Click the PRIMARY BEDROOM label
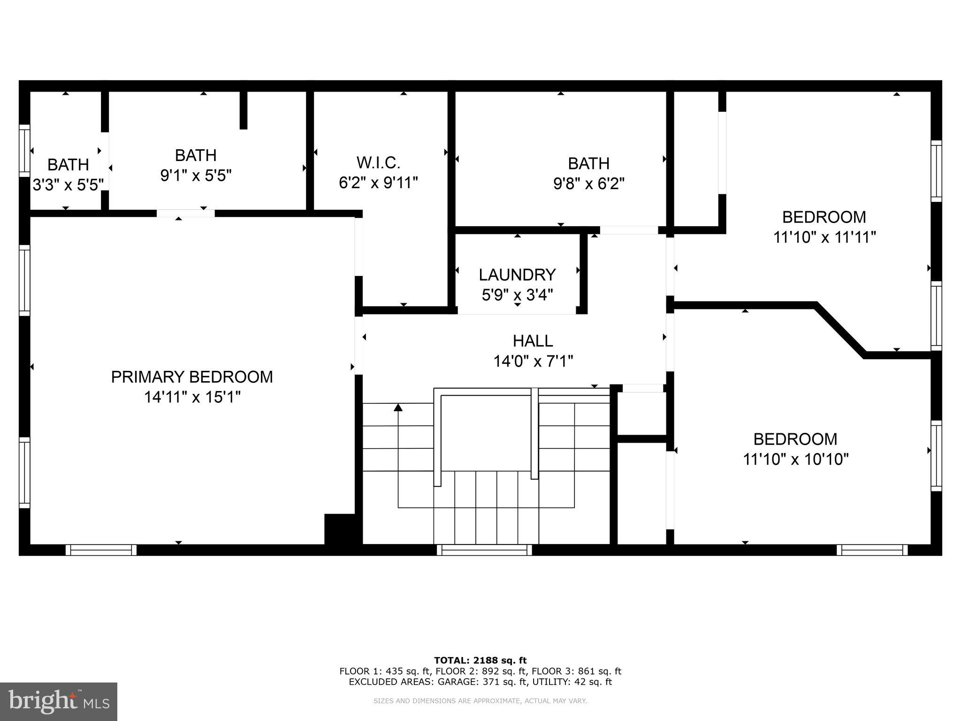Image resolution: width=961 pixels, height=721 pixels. pos(191,377)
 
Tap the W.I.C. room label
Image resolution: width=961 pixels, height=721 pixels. pos(378,163)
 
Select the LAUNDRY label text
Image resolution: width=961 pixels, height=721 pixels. pos(517,275)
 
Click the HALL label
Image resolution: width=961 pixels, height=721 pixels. pos(533,341)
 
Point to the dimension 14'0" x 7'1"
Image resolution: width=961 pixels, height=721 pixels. pos(533,361)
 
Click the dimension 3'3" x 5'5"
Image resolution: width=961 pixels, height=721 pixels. pos(68,185)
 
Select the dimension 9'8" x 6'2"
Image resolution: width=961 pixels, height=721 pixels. pos(589,184)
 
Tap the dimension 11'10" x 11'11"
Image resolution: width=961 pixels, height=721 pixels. pos(824,238)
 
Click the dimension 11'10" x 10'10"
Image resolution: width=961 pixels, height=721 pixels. pos(795,459)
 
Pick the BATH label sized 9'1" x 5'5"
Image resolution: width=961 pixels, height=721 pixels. pos(196,155)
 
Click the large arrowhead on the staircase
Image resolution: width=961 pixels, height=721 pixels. pos(398,407)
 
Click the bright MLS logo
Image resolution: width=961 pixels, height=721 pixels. pos(59,701)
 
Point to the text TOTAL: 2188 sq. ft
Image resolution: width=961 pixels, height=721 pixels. pos(480,660)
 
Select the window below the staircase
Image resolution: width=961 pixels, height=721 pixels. pos(484,550)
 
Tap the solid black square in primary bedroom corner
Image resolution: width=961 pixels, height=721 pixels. pos(340,529)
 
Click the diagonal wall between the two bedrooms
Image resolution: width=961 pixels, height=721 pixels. pos(841,330)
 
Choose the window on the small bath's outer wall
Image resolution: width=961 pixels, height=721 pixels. pos(24,151)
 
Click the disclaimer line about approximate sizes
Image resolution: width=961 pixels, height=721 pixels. pos(480,701)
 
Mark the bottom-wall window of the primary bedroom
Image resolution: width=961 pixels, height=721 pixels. pos(101,550)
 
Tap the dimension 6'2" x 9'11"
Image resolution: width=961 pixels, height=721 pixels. pos(378,183)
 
